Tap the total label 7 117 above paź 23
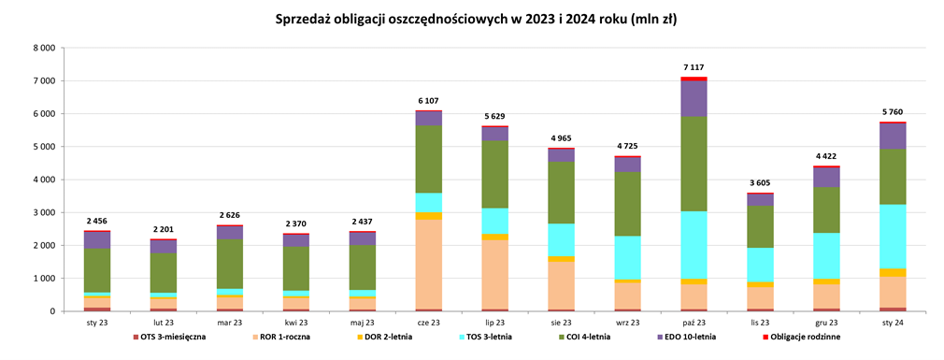[x=694, y=67]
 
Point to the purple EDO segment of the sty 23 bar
[x=96, y=239]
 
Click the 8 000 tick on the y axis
[x=43, y=48]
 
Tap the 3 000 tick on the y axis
[x=43, y=212]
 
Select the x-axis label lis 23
[x=760, y=322]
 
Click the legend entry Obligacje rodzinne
[x=804, y=337]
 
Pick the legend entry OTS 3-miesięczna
[x=173, y=337]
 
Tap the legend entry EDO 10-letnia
[x=689, y=337]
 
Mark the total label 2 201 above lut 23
[x=164, y=229]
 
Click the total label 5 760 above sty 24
[x=893, y=112]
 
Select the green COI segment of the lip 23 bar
[x=494, y=174]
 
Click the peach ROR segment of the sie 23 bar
[x=561, y=285]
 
